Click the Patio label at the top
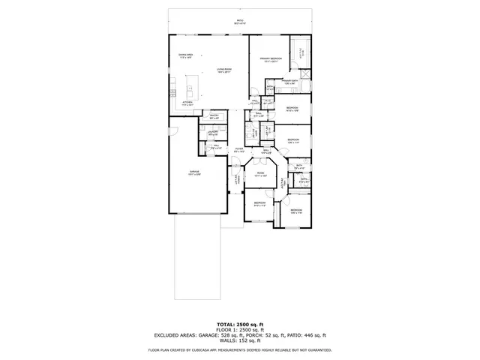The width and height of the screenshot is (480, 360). [x=240, y=21]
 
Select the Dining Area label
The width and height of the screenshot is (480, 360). [x=185, y=55]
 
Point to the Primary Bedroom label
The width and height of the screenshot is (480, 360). [x=271, y=59]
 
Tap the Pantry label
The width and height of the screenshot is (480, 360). [x=214, y=117]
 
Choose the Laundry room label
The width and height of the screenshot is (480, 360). [x=212, y=133]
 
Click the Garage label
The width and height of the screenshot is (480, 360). [x=193, y=173]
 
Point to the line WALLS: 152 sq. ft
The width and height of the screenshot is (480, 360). [x=240, y=341]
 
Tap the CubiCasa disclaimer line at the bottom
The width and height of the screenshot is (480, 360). [x=240, y=349]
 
